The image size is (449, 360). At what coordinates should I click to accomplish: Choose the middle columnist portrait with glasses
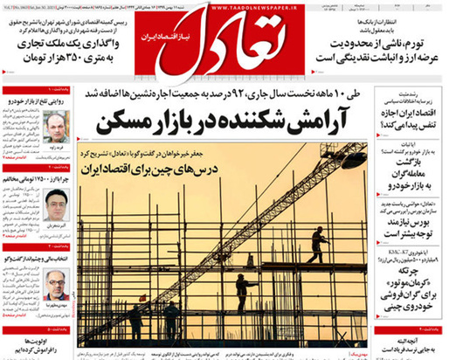pyautogui.click(x=57, y=204)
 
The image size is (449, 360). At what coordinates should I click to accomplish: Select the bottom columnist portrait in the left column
pyautogui.click(x=57, y=284)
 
